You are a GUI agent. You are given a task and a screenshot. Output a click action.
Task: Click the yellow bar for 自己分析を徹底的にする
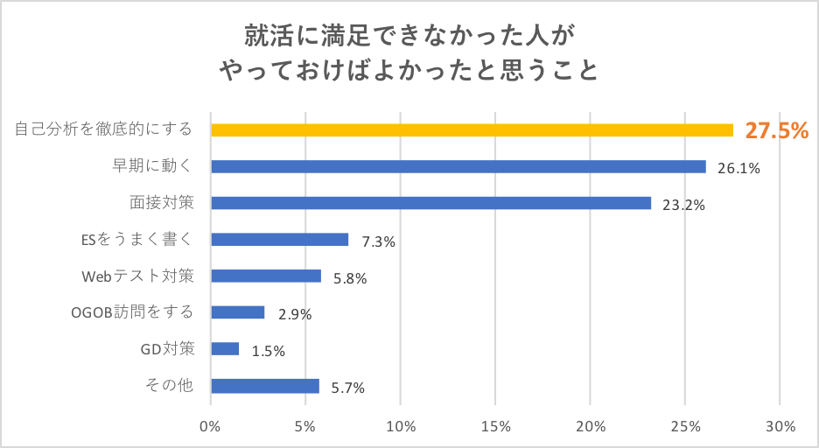point(472,129)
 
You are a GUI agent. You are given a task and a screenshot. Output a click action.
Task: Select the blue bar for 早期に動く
point(458,166)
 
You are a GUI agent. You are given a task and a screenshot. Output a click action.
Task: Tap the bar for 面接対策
point(430,203)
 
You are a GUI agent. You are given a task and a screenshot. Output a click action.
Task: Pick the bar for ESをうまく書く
point(280,240)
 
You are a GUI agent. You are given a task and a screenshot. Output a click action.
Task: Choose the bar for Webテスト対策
point(266,276)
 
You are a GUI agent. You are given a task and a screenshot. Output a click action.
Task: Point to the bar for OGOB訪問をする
point(238,312)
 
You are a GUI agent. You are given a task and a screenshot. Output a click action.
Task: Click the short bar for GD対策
point(225,349)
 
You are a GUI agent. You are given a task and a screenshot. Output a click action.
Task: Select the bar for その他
point(265,386)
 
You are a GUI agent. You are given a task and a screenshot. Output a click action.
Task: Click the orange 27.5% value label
point(776,131)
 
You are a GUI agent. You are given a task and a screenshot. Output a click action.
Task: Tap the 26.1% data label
point(738,168)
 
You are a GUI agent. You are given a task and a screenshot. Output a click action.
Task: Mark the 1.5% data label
point(268,351)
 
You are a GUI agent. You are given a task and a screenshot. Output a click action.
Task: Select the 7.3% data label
point(378,241)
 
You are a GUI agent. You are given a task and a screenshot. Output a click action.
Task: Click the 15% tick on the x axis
point(495,427)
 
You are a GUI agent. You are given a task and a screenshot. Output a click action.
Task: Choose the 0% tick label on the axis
point(210,427)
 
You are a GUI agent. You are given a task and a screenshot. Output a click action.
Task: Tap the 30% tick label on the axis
point(780,427)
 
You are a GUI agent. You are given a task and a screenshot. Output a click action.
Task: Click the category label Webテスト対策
point(137,276)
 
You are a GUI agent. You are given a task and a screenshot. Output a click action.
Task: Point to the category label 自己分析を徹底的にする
point(104,129)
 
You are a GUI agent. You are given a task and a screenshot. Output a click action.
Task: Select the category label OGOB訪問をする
point(130,312)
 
